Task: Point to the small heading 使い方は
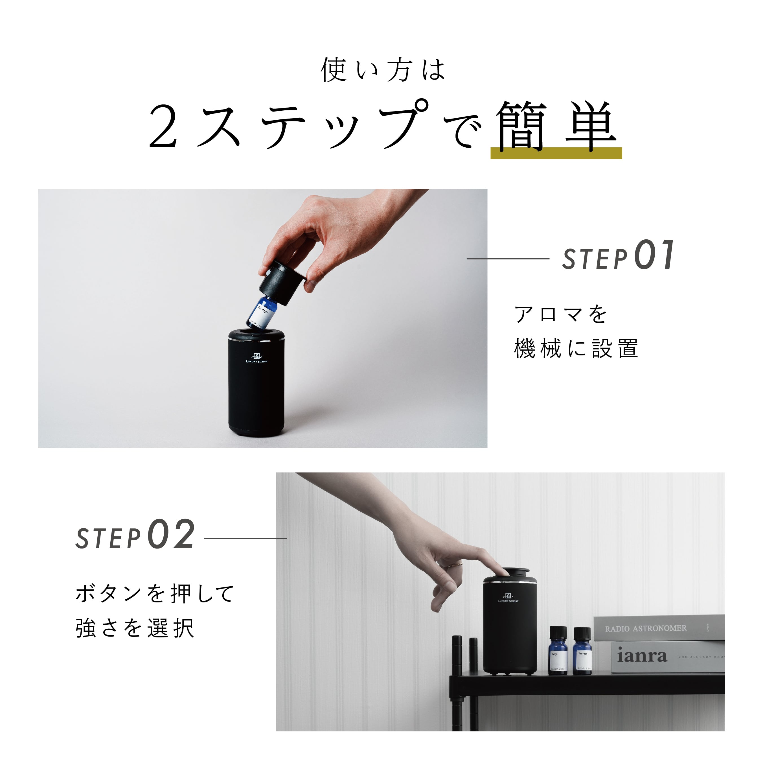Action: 383,70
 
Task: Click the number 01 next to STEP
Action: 654,255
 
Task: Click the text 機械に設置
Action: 576,348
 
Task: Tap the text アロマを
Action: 560,314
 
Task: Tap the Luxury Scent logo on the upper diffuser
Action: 256,357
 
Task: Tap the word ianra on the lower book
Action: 641,656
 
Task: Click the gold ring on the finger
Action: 456,565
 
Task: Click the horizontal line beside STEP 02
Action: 245,538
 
